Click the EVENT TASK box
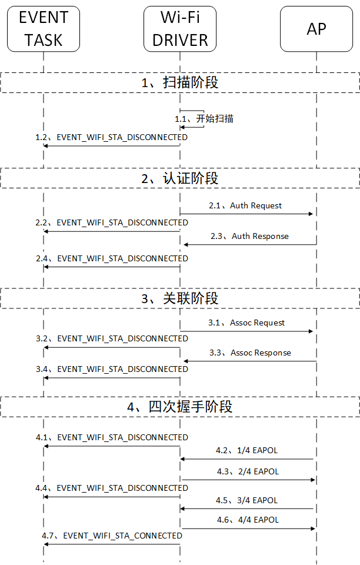44,29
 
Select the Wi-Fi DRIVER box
179,29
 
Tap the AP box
316,29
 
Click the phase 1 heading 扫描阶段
180,82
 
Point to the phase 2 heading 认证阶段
180,178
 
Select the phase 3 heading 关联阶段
180,298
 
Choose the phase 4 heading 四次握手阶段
180,407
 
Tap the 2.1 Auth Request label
245,205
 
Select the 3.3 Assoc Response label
249,353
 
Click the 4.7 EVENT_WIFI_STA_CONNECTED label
112,536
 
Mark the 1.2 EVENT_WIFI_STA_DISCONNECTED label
111,137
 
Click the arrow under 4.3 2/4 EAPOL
248,480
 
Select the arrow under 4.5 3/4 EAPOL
248,508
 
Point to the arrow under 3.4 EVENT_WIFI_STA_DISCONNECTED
112,378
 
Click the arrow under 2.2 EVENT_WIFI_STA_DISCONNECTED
112,232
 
